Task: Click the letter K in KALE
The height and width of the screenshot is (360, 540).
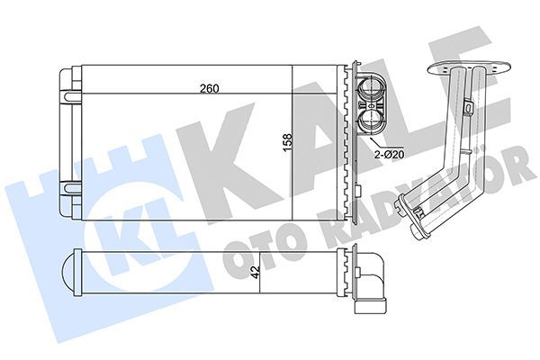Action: (x=237, y=148)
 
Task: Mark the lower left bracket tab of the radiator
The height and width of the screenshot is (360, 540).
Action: (x=69, y=190)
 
